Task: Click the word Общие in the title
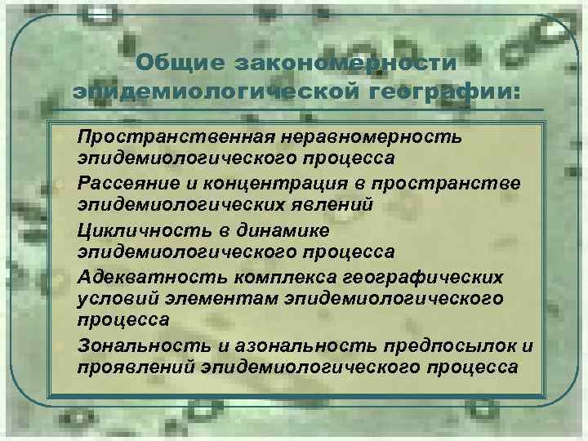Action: tap(179, 63)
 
